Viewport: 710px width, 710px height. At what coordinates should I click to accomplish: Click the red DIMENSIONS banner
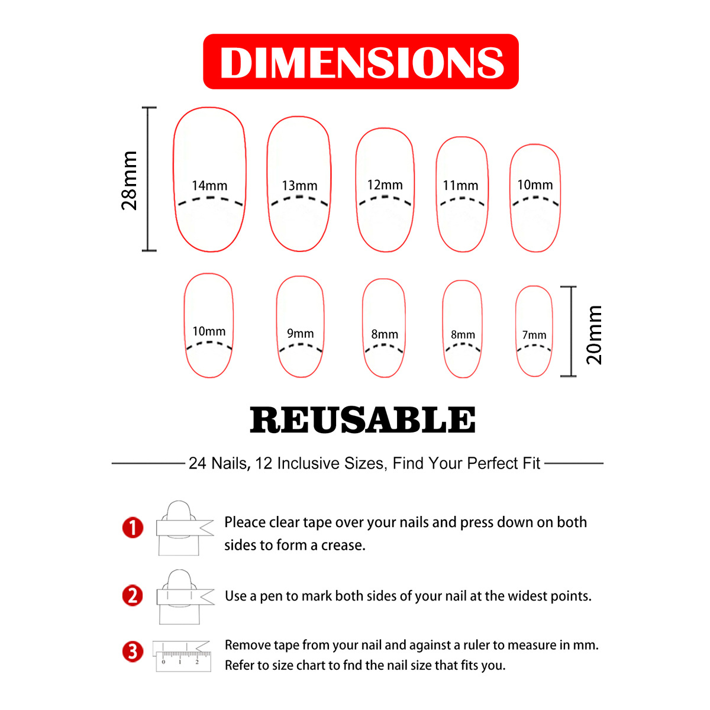click(x=361, y=62)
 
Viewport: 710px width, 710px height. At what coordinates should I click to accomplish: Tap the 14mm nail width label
click(x=209, y=186)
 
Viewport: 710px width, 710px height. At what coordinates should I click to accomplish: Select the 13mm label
click(x=299, y=186)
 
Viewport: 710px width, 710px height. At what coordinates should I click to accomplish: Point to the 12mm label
click(x=385, y=185)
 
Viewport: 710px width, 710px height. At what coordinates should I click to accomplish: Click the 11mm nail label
click(x=460, y=186)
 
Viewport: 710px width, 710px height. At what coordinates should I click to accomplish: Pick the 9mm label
click(x=300, y=334)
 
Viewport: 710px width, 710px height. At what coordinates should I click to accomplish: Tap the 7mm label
click(x=534, y=335)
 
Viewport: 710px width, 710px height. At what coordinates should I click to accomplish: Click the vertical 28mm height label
click(x=129, y=180)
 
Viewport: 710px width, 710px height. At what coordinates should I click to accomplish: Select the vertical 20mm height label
click(x=593, y=335)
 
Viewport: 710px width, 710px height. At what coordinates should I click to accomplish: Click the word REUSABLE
click(x=363, y=420)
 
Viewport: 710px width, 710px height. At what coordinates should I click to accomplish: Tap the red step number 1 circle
click(x=133, y=527)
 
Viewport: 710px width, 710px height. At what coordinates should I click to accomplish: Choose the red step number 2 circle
click(x=133, y=595)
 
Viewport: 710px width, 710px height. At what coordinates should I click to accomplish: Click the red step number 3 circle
click(x=133, y=652)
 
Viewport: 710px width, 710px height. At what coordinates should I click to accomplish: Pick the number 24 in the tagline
click(x=198, y=463)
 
